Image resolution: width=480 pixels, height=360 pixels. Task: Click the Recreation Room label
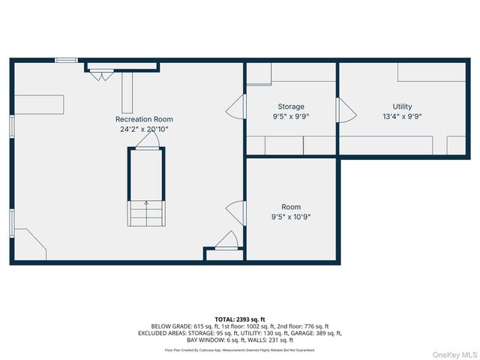pos(144,119)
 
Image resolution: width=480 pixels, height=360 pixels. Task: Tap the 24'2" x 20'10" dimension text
pos(144,129)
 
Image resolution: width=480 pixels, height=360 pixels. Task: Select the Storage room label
pos(291,106)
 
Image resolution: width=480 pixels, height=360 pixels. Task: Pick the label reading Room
pos(291,207)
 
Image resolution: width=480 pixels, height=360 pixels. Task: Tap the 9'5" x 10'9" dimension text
pos(291,217)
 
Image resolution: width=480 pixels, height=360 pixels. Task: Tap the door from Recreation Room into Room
pos(237,213)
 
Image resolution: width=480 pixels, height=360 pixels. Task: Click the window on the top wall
pos(66,60)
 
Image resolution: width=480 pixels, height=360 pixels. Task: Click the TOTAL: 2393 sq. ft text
pos(239,319)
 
